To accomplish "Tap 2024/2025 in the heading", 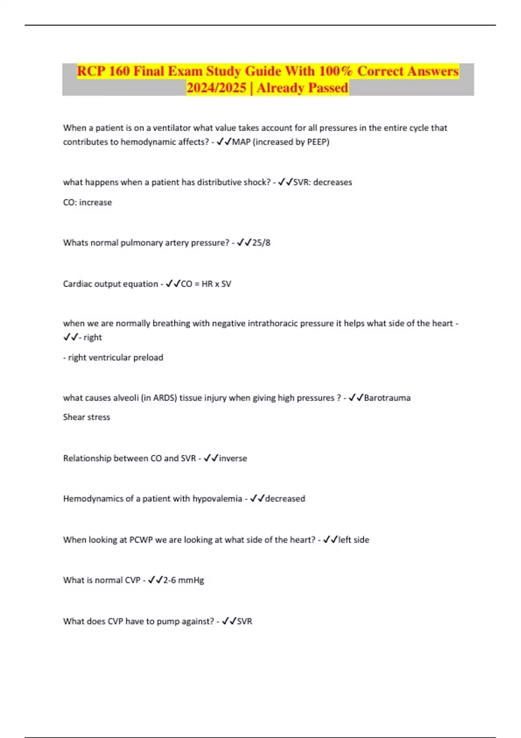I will pyautogui.click(x=216, y=88).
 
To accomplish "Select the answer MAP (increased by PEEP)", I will pyautogui.click(x=280, y=142).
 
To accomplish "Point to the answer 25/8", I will pyautogui.click(x=261, y=243).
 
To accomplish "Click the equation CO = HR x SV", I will pyautogui.click(x=206, y=284).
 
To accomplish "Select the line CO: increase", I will pyautogui.click(x=87, y=202).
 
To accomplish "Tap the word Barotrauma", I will pyautogui.click(x=387, y=398).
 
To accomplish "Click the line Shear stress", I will pyautogui.click(x=86, y=417).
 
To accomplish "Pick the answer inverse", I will pyautogui.click(x=233, y=458).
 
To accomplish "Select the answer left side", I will pyautogui.click(x=353, y=540).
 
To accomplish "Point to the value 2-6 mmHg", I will pyautogui.click(x=183, y=580).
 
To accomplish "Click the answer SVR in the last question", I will pyautogui.click(x=244, y=622).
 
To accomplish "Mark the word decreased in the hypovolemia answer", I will pyautogui.click(x=285, y=499).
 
